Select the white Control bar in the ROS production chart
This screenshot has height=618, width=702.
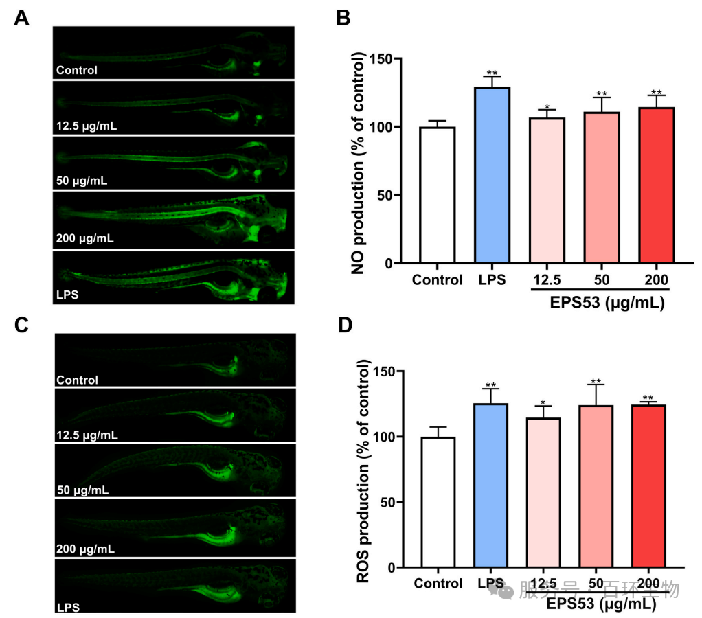[x=438, y=502]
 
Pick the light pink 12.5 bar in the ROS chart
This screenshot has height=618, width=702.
[x=543, y=493]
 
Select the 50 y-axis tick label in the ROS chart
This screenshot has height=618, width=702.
[x=392, y=503]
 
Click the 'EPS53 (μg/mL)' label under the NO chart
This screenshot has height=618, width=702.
[x=598, y=303]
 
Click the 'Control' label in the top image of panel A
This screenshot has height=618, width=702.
[x=77, y=69]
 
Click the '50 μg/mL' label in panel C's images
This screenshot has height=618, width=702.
[x=82, y=491]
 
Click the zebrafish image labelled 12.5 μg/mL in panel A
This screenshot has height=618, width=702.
[x=174, y=107]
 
